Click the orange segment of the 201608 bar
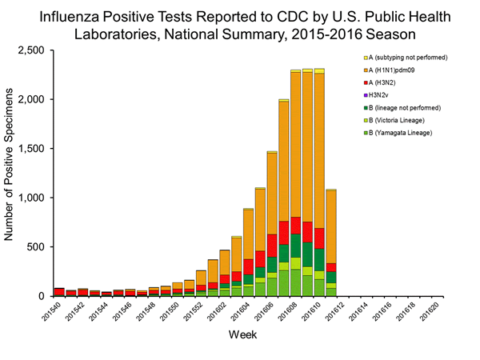295,144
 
